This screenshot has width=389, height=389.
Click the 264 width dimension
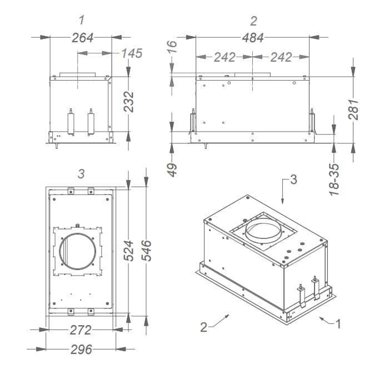click(x=82, y=37)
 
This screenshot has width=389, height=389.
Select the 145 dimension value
click(x=132, y=53)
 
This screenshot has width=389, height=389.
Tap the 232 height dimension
click(x=128, y=102)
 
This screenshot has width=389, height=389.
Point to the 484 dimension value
click(x=252, y=37)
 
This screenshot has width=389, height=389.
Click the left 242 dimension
click(x=225, y=57)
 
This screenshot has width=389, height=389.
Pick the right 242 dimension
click(x=281, y=57)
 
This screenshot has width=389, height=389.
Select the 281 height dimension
click(x=353, y=109)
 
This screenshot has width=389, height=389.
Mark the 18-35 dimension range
click(x=334, y=178)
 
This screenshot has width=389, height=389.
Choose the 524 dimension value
click(x=128, y=250)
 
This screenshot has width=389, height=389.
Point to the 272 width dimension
click(x=80, y=330)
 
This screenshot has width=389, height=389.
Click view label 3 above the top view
click(x=81, y=174)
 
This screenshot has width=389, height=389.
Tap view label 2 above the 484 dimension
click(x=253, y=21)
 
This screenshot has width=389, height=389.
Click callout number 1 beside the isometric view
click(x=338, y=323)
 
